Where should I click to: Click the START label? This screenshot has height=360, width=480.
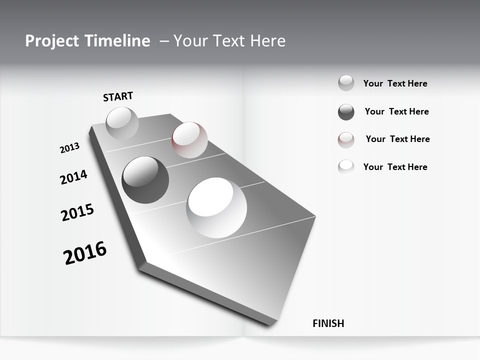pos(118,96)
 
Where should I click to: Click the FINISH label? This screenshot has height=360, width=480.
pos(328,323)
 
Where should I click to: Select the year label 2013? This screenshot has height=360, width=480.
pos(70,147)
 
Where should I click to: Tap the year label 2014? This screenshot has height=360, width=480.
pos(74,177)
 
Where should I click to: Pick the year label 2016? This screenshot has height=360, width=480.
pos(85,253)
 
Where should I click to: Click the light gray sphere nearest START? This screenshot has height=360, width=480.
pos(122,123)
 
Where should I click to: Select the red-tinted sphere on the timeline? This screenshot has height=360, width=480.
pos(189,140)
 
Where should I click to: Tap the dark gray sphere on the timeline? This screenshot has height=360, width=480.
pos(145,180)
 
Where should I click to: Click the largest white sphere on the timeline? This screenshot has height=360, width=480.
pos(216,207)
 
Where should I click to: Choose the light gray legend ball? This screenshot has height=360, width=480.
pos(346,83)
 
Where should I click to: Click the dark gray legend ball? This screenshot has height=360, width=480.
pos(346,112)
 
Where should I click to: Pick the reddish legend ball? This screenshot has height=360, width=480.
pos(346,140)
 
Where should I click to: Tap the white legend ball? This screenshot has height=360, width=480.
pos(346,167)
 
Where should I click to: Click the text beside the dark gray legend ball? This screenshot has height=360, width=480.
pos(396,111)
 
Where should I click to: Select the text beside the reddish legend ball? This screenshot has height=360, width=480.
pos(397,139)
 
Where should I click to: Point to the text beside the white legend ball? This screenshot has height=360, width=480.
pos(395,167)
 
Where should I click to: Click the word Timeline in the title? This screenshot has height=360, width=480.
pos(121,41)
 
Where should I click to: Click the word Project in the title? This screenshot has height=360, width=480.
pos(49,41)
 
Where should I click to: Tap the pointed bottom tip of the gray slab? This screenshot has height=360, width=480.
pos(270,324)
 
